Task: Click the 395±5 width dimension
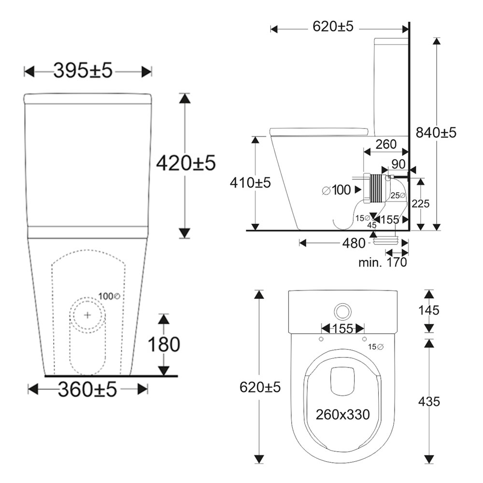tap(83, 71)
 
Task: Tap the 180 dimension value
tap(164, 344)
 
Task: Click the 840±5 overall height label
tap(437, 132)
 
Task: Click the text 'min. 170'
tap(383, 262)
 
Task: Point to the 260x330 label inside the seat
tap(343, 414)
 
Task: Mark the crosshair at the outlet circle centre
tap(87, 314)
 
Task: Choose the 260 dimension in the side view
tap(386, 144)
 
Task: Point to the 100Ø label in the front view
tap(109, 296)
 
